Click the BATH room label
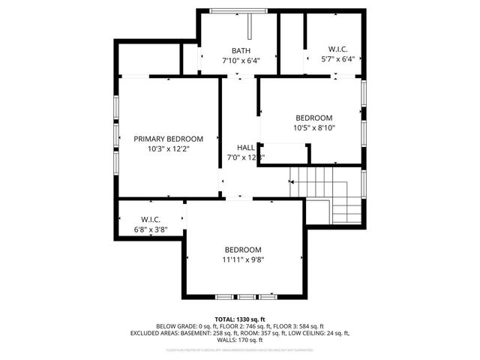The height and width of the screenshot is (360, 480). coord(241,50)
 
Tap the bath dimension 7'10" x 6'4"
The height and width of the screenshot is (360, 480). coord(241,61)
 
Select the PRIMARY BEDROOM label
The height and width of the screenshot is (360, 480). coord(168,139)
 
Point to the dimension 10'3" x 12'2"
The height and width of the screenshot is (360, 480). coord(168,149)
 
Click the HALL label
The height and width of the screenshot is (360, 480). coord(246,148)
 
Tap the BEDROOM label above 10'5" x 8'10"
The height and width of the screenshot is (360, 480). coord(314,118)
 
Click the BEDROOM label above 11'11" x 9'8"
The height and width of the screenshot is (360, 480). coord(243,250)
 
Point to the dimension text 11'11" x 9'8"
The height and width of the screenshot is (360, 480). coord(243,260)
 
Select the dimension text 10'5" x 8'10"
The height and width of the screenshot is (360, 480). coord(314,128)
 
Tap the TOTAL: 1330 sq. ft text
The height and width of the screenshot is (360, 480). coord(240,319)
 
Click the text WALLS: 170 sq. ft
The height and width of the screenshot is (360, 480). coord(240,339)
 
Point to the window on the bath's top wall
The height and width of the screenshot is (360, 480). coord(238,11)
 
